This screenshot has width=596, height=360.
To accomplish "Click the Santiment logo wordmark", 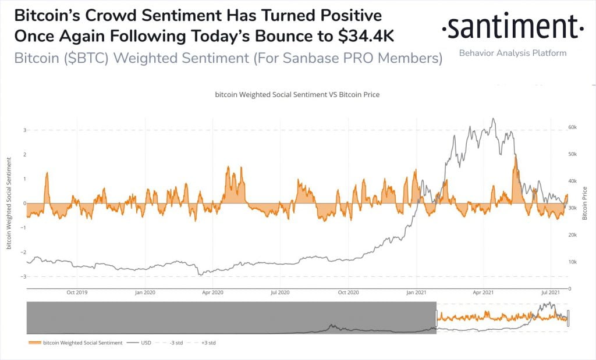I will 512,27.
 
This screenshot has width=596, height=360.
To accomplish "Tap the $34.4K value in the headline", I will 366,36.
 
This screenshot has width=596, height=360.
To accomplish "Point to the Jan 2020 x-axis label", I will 145,293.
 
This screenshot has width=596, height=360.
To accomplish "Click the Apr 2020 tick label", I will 214,293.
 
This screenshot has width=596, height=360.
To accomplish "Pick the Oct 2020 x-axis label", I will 349,293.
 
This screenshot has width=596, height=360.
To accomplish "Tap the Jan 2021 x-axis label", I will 417,293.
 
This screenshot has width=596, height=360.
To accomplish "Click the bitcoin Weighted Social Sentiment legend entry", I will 76,343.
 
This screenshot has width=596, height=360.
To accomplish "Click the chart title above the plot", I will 297,94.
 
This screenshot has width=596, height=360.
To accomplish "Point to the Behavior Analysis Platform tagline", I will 512,53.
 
